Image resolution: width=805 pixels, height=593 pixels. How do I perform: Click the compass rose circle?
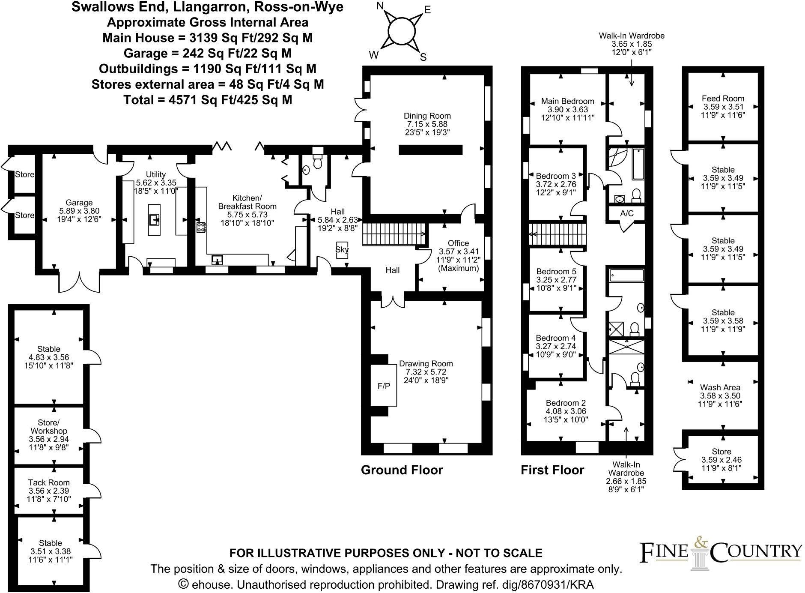[401, 31]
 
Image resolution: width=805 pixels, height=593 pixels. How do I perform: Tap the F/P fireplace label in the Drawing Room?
[384, 386]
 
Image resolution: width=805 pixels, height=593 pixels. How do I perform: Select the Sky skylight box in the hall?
[342, 250]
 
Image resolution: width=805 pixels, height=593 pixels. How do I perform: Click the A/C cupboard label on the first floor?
[626, 213]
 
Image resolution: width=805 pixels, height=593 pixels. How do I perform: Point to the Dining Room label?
[427, 116]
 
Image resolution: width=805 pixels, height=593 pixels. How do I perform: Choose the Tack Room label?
[49, 482]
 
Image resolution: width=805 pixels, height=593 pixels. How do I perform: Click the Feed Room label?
[723, 99]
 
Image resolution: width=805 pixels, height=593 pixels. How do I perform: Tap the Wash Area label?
[720, 388]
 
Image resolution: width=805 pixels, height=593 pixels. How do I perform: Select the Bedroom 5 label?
[556, 272]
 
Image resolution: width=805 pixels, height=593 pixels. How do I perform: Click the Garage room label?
[79, 203]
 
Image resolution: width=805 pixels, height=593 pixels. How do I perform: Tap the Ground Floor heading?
[402, 470]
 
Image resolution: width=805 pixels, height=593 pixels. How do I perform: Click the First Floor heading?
[552, 470]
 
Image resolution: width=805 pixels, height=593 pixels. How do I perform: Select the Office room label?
[458, 243]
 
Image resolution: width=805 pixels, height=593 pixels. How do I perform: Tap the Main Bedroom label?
[567, 101]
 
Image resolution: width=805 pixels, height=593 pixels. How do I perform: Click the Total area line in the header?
[208, 100]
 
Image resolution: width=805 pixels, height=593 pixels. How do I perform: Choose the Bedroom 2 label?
[565, 403]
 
